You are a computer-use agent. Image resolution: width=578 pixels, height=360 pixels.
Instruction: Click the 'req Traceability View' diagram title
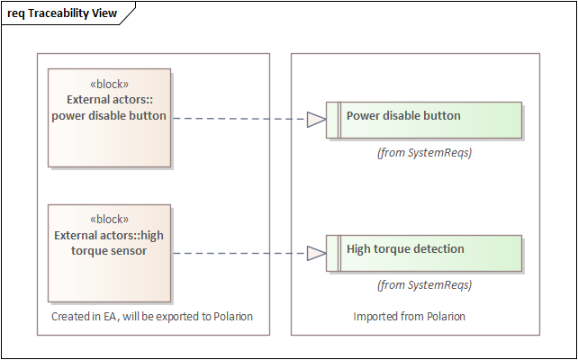click(x=61, y=13)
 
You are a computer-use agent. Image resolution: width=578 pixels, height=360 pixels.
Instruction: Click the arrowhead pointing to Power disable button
click(x=316, y=119)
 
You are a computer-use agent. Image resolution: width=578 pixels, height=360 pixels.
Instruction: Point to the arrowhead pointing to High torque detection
click(x=316, y=254)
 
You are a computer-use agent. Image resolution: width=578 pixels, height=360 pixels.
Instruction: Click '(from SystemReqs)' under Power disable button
click(x=424, y=153)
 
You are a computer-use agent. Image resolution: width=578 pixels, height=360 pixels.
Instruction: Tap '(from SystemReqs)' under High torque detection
click(x=424, y=285)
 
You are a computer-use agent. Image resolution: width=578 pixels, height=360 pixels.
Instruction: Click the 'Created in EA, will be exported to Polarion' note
click(x=152, y=317)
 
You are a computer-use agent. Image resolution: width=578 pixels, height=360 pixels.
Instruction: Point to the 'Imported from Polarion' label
click(x=409, y=317)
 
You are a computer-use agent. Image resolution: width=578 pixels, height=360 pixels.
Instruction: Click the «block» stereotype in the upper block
click(x=109, y=85)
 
